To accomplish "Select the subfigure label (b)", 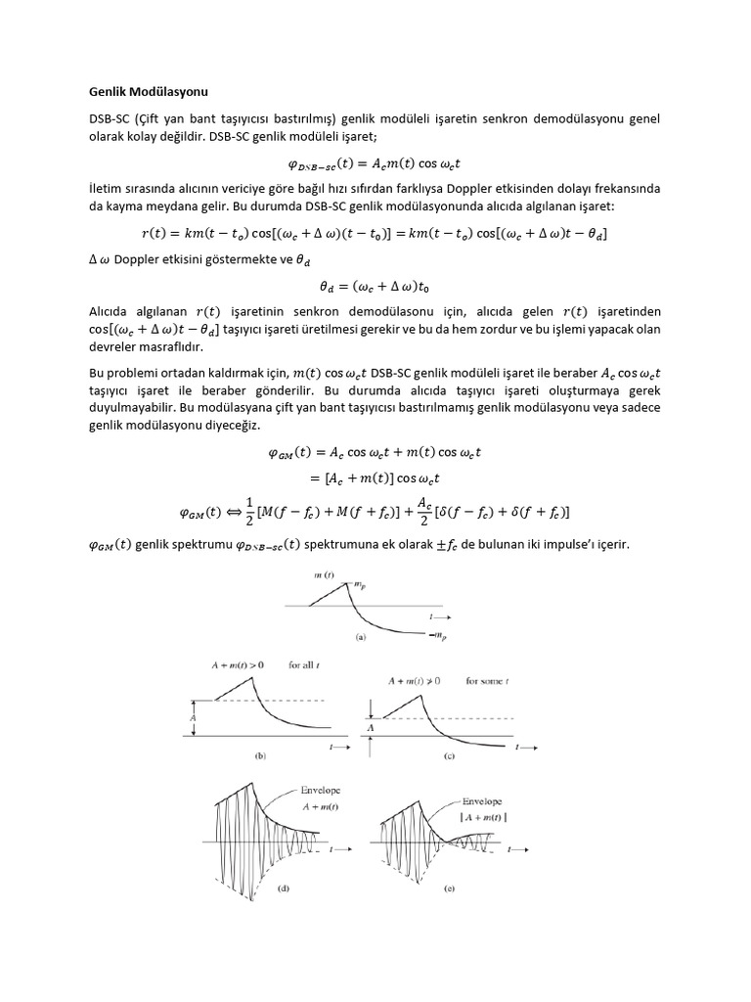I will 260,755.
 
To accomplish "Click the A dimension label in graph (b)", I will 194,717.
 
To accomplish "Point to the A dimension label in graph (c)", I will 371,727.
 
